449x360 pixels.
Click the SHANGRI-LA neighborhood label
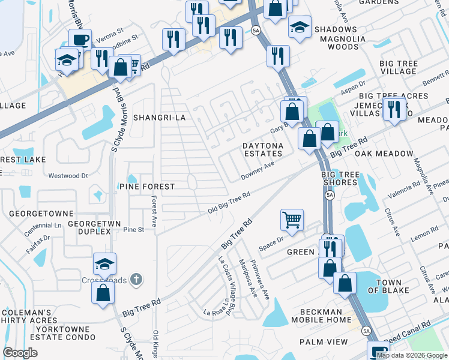[x=159, y=118]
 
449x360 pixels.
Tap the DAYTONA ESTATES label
[x=262, y=149]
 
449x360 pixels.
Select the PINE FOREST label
[x=147, y=187]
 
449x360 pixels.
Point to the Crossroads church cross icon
[x=136, y=279]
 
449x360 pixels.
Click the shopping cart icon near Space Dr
[x=292, y=220]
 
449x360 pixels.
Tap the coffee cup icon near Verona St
[x=80, y=40]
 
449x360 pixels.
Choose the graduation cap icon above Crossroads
[x=104, y=263]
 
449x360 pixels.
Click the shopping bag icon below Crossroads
[x=103, y=292]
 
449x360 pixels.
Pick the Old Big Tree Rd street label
[x=229, y=203]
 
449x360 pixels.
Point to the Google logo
[x=20, y=353]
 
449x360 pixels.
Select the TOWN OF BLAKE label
[x=388, y=287]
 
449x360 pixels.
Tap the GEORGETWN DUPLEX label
[x=89, y=227]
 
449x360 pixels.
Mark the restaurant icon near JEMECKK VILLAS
[x=394, y=108]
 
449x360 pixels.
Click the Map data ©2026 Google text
[x=412, y=355]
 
